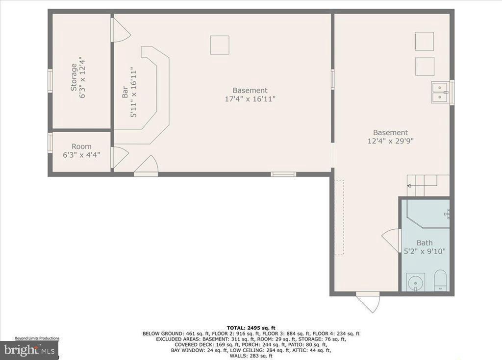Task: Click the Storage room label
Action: pyautogui.click(x=74, y=77)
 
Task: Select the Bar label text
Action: pyautogui.click(x=125, y=92)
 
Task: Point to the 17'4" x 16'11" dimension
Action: pyautogui.click(x=250, y=99)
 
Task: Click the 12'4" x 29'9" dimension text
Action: pyautogui.click(x=390, y=141)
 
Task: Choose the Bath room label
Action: pyautogui.click(x=425, y=243)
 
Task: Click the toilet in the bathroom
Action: pyautogui.click(x=440, y=281)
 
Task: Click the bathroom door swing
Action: pyautogui.click(x=391, y=240)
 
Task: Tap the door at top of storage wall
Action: pyautogui.click(x=120, y=30)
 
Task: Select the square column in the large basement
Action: pyautogui.click(x=220, y=45)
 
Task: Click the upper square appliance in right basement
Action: pyautogui.click(x=424, y=41)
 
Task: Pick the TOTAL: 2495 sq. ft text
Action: pyautogui.click(x=251, y=327)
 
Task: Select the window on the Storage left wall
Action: pyautogui.click(x=50, y=80)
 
